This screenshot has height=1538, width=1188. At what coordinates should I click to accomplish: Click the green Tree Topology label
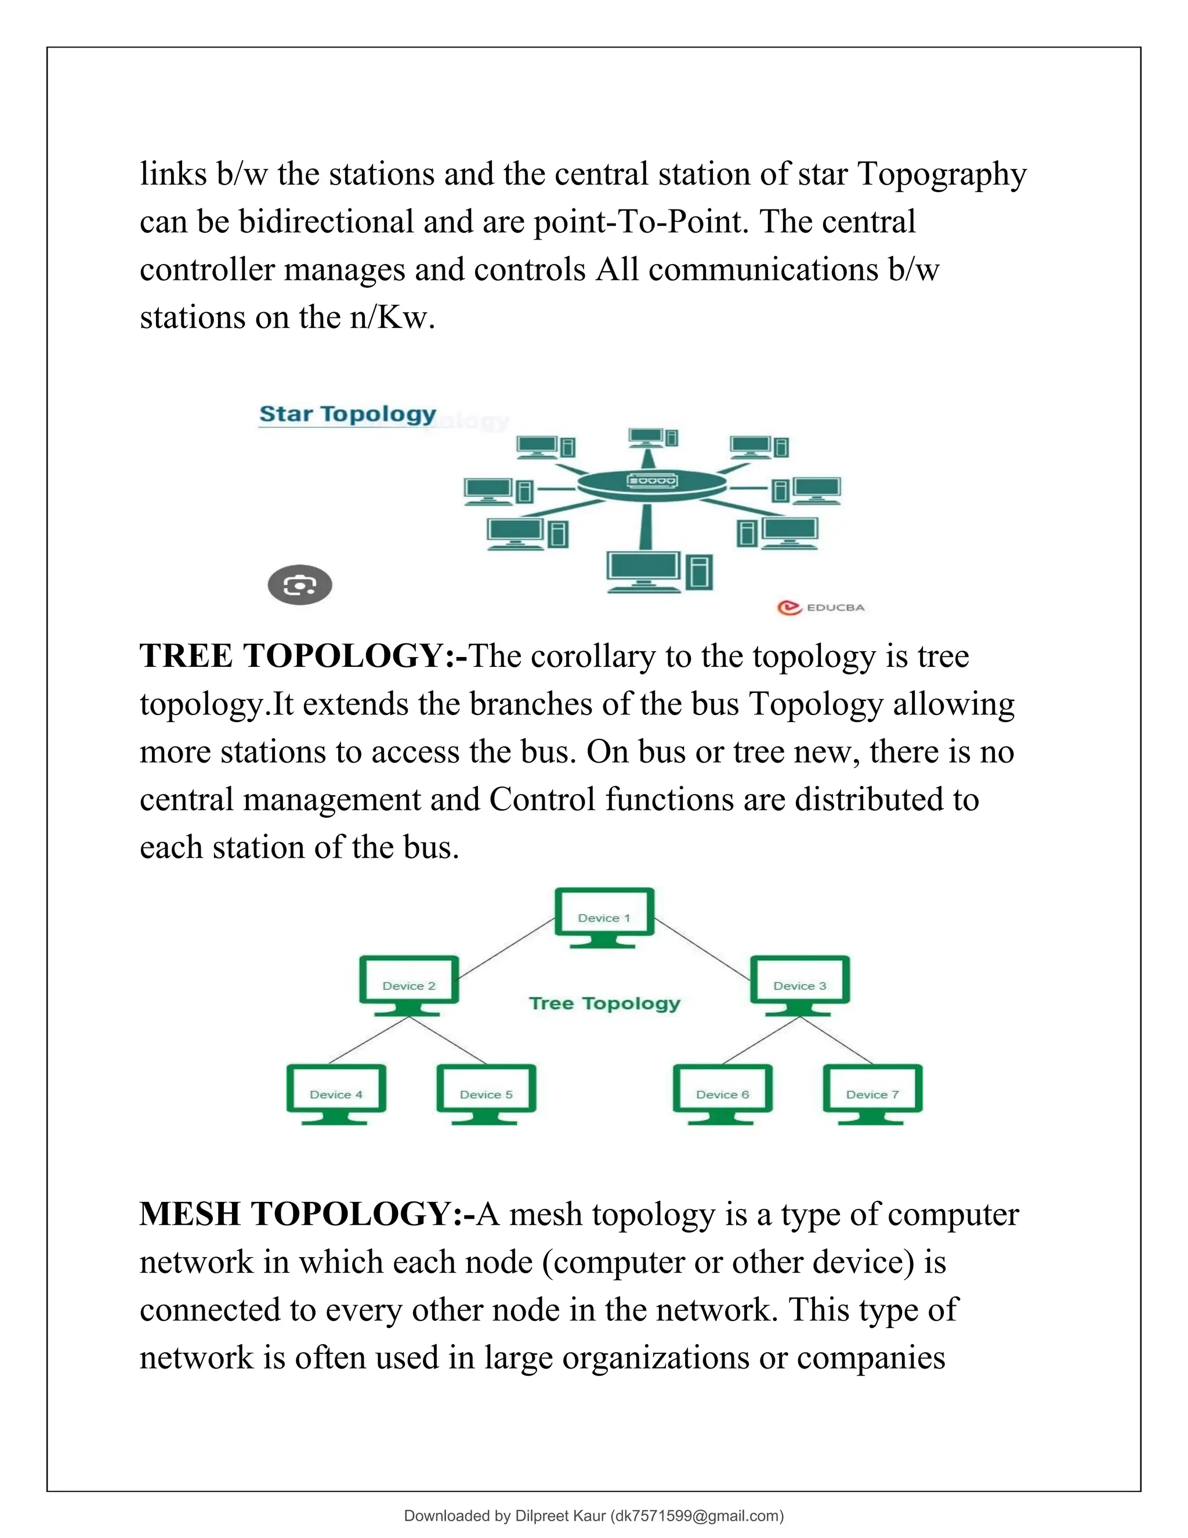[x=604, y=1003]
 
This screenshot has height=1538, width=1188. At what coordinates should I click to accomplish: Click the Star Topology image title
[x=347, y=414]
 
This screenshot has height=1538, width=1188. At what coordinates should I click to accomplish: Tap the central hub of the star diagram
[x=651, y=482]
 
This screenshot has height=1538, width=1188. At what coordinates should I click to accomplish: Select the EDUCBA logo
[x=821, y=607]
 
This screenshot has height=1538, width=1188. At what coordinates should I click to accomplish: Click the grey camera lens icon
[x=300, y=584]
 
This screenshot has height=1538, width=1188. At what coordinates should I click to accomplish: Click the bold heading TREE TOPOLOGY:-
[x=303, y=656]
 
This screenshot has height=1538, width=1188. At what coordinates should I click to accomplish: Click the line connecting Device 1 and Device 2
[x=505, y=948]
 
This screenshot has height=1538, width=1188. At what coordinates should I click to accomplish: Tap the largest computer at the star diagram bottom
[x=644, y=571]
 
